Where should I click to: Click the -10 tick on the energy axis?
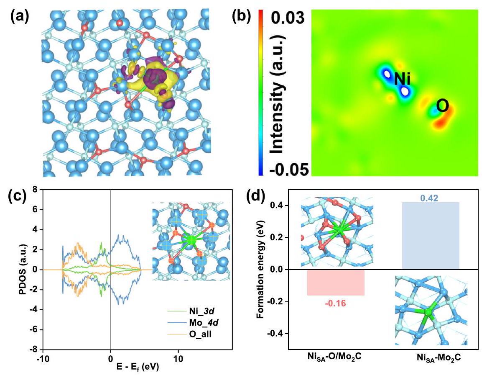tap(42, 358)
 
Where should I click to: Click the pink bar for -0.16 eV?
tap(336, 283)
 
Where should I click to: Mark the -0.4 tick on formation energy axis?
tap(278, 334)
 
